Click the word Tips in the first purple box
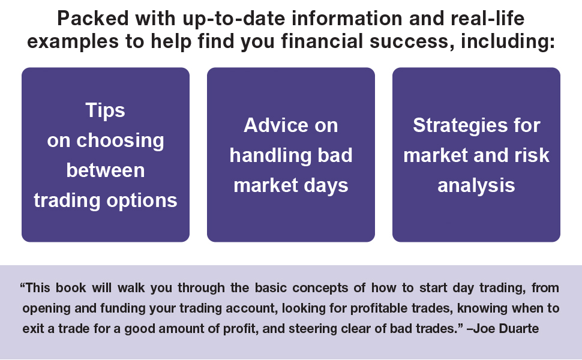point(105,110)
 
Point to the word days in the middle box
point(326,185)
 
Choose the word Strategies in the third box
point(458,125)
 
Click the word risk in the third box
point(529,155)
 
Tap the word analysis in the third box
point(476,185)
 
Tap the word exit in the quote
point(32,329)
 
